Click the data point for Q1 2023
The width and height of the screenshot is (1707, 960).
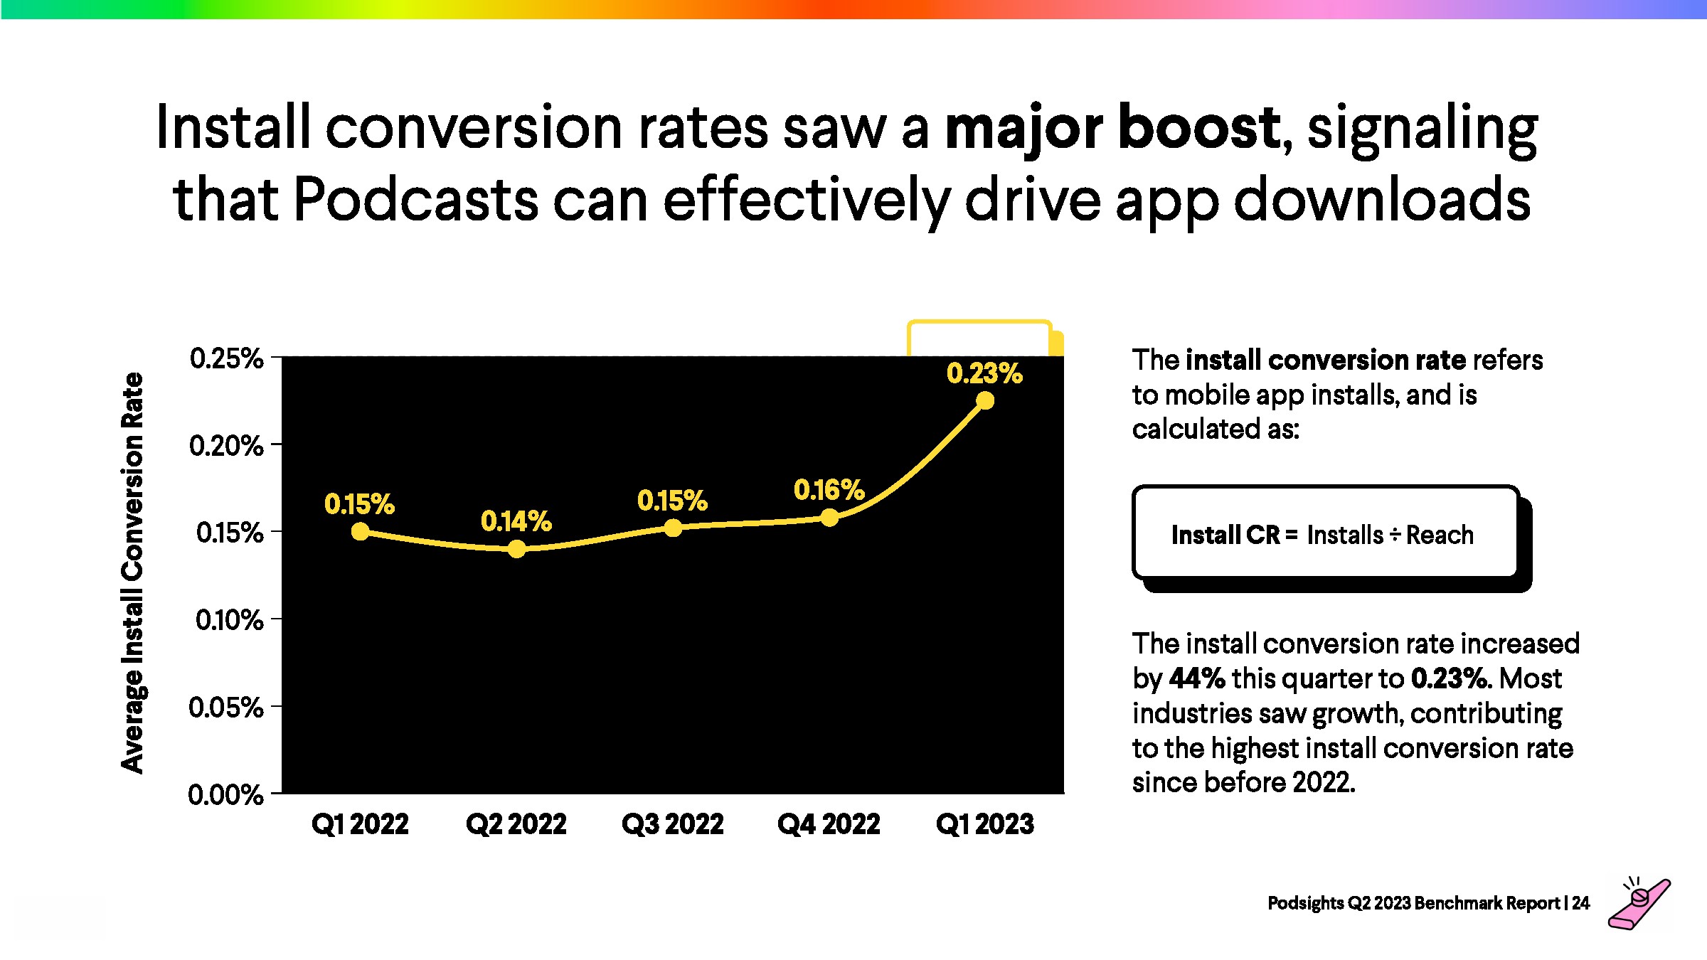[x=985, y=401]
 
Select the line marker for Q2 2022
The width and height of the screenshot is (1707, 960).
[x=517, y=549]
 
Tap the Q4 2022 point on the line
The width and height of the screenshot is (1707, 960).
[x=829, y=518]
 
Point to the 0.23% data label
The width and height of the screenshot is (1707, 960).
[x=984, y=373]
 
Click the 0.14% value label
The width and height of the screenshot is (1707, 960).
[x=516, y=521]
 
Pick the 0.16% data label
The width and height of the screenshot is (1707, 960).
[x=829, y=490]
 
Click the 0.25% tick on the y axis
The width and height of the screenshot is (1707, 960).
[x=226, y=358]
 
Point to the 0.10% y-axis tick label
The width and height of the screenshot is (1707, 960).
[x=229, y=620]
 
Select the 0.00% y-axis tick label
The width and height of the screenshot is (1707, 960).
[x=225, y=794]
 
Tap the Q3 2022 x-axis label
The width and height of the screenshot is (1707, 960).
[x=673, y=824]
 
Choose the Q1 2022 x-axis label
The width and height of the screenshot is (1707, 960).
[x=360, y=824]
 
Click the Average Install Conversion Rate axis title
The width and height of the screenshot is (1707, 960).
[x=132, y=572]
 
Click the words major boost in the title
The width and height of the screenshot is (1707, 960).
[x=1112, y=128]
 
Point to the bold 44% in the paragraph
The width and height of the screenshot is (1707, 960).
[x=1196, y=678]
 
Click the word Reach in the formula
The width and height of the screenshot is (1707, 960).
[x=1440, y=535]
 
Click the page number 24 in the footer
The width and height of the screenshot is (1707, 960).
[x=1580, y=903]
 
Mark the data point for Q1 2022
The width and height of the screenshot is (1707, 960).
[x=361, y=532]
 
